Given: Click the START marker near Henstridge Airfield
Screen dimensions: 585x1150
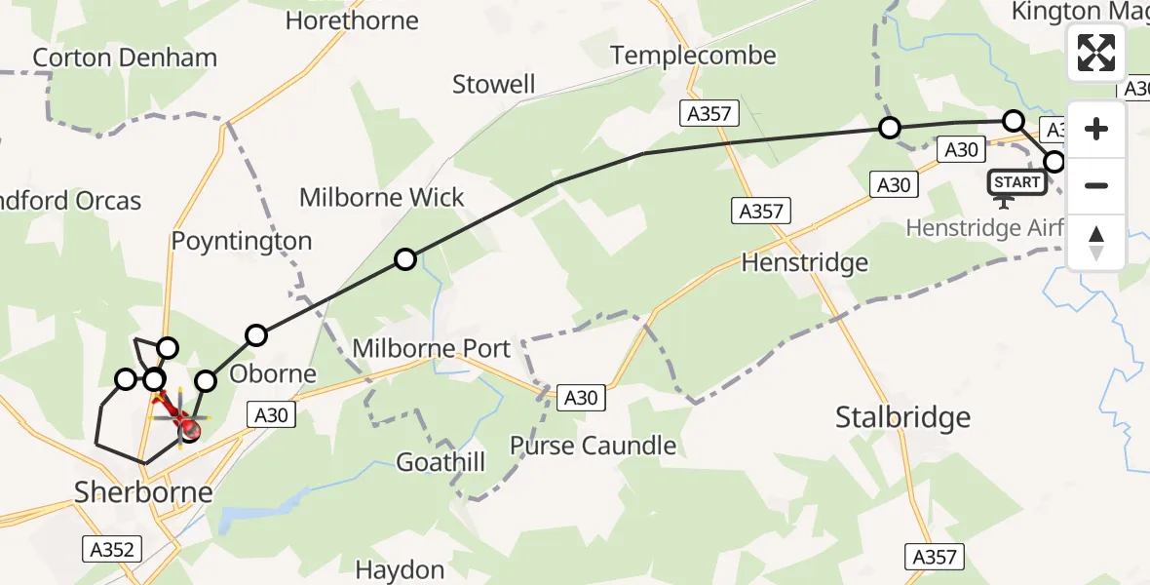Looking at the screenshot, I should pos(1016,182).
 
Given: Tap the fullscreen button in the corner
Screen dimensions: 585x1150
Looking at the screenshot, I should pos(1096,53).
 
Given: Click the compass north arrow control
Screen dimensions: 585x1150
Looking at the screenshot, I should pos(1096,243).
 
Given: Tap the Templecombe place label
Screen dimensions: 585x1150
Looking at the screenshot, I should pos(694,56).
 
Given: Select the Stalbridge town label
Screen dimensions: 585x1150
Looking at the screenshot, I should pos(902,417).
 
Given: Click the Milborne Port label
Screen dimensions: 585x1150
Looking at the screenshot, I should pos(432,348).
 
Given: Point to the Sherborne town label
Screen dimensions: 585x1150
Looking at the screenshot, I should pos(143,491).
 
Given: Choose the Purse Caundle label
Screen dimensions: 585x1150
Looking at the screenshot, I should pos(593,446).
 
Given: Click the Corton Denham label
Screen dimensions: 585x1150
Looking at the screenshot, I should pos(125,58).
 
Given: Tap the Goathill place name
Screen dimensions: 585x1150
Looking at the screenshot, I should pos(441,462).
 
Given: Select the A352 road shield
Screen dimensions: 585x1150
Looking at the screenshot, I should pos(111,549).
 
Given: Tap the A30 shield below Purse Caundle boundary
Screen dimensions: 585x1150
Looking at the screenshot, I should pos(581,397).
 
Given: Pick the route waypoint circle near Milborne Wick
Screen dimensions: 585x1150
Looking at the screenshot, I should pos(405,259).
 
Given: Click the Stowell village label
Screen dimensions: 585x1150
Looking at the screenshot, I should pos(494,85).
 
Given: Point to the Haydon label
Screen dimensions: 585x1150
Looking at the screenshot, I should pos(400,569).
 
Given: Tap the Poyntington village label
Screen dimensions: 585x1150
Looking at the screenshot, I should pos(242,241).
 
